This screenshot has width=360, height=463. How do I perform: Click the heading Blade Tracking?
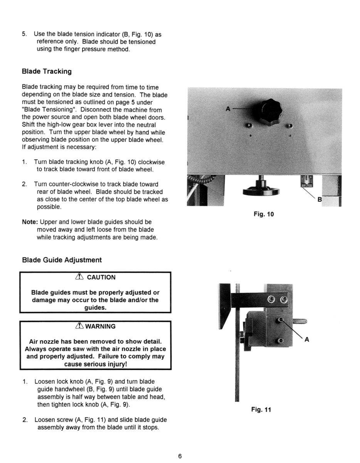coord(47,71)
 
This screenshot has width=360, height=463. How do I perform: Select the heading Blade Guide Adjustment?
coord(62,260)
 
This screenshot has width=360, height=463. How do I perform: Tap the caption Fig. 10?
coord(264,214)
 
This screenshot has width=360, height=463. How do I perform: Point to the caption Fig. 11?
coord(261,410)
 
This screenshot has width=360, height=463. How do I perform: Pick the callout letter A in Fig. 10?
coord(228,109)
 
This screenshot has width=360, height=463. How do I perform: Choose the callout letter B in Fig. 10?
coord(319,199)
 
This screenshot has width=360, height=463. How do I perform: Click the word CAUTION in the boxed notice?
coord(101,277)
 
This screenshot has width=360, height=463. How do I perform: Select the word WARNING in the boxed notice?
coord(100,326)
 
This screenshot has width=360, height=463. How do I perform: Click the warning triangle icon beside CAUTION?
coord(81,277)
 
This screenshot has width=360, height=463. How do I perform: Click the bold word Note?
coord(30,222)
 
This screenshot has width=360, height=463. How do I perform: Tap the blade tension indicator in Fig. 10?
coord(306,181)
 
